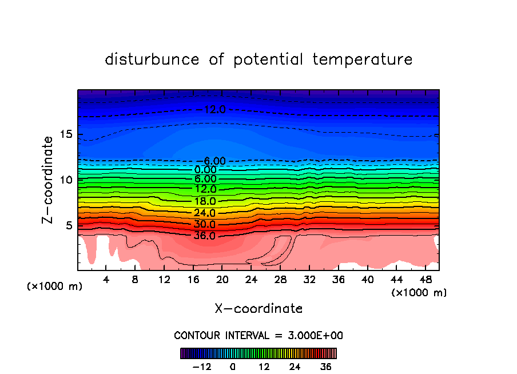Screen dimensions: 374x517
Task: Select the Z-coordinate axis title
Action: point(48,180)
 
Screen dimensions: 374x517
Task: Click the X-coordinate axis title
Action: point(258,309)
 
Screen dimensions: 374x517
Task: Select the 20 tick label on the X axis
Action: point(222,280)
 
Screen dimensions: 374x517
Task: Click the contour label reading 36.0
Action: point(204,236)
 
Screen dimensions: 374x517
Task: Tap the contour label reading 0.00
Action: point(205,170)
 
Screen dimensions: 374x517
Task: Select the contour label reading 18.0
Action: point(204,201)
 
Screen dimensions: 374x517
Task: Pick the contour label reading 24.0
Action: point(204,213)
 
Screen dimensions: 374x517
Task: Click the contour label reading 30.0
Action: point(204,224)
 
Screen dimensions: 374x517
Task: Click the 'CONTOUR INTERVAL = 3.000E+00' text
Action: point(258,336)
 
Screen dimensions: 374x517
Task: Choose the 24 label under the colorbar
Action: point(295,367)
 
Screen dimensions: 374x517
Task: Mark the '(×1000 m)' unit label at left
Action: point(55,287)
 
